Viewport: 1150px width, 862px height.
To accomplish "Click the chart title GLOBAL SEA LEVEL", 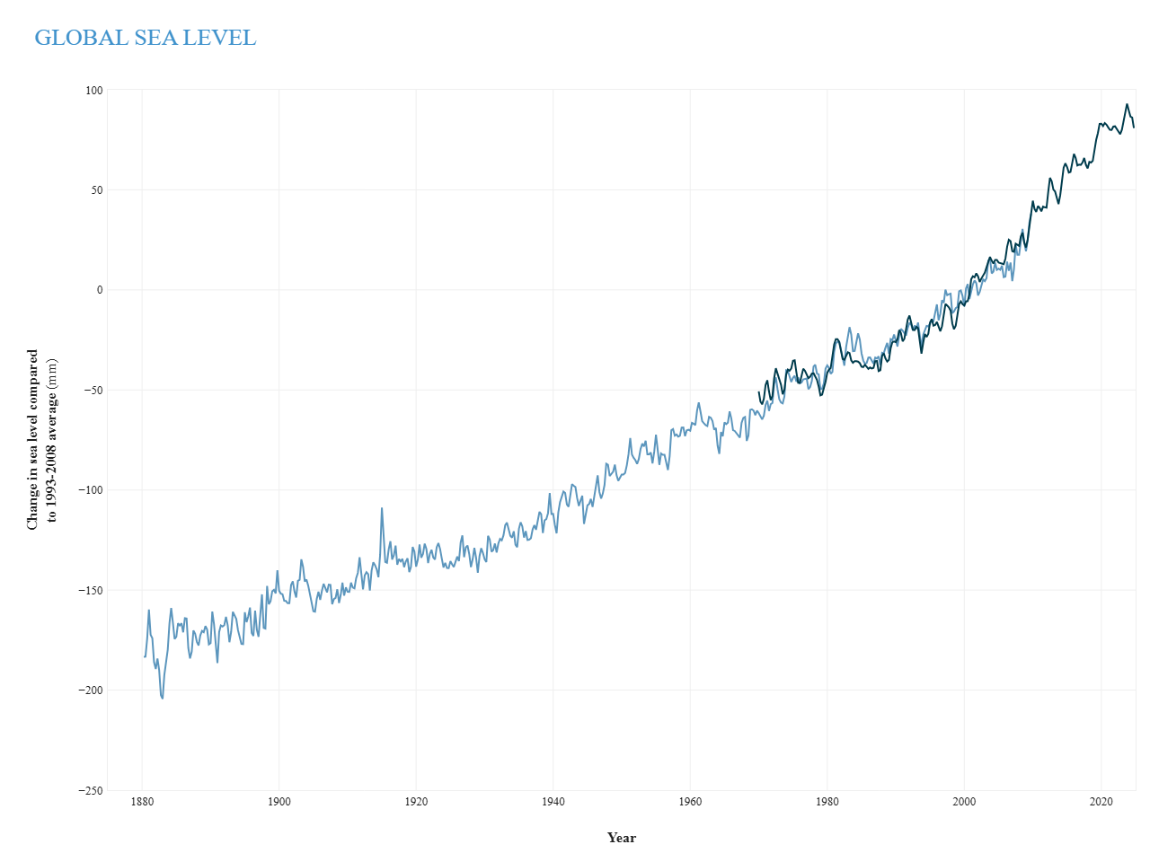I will (x=146, y=38).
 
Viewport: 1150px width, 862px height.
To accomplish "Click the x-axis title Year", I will (x=621, y=838).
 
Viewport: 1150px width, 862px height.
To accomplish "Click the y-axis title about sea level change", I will (x=42, y=440).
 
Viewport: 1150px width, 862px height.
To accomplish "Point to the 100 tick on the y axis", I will (x=94, y=91).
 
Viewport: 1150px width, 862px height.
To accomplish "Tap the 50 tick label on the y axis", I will (x=96, y=190).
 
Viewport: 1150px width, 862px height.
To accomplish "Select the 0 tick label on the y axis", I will (x=100, y=290).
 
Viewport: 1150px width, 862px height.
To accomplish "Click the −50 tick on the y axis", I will (x=93, y=391).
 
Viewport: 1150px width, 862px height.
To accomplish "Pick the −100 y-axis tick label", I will (x=92, y=490).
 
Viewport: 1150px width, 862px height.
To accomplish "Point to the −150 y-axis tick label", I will (x=92, y=591).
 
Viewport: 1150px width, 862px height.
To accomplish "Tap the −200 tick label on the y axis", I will (x=92, y=690).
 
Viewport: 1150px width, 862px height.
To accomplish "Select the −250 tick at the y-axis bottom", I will (x=92, y=790).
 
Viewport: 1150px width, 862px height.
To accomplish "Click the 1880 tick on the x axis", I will (x=142, y=802).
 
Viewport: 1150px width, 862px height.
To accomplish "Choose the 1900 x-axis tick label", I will (x=279, y=802).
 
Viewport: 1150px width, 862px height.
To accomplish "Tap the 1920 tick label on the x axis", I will (x=416, y=802).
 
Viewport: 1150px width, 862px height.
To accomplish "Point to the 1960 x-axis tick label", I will (x=690, y=802).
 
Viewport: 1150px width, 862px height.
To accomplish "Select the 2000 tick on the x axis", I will (x=964, y=802).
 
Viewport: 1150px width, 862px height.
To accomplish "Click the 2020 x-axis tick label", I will (x=1101, y=802).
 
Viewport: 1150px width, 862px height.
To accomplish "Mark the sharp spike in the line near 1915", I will (x=382, y=509).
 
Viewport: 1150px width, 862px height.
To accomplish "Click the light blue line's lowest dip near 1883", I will (x=163, y=698).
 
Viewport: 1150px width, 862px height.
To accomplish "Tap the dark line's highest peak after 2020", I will (x=1128, y=104).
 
